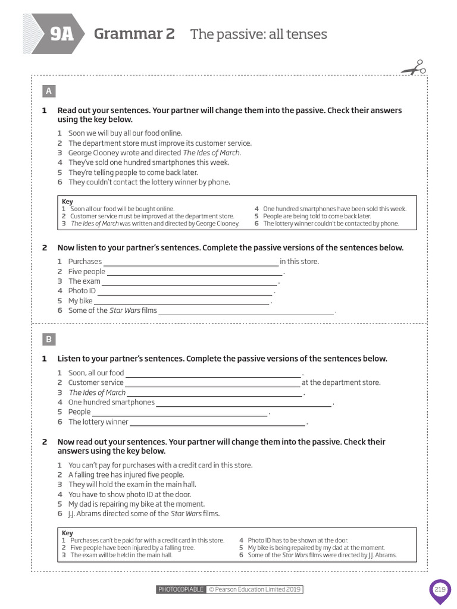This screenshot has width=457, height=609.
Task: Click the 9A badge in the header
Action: point(61,34)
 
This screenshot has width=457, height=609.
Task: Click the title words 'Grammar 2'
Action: point(134,34)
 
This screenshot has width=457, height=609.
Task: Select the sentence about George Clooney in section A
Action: point(155,153)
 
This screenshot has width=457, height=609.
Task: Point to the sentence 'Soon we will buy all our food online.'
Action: point(125,133)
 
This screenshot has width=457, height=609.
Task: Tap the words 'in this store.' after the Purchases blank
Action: point(299,262)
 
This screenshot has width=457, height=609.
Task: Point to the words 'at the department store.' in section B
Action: point(341,383)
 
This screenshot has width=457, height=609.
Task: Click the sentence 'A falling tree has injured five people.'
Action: point(126,475)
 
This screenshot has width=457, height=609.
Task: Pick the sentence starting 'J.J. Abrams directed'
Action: point(144,514)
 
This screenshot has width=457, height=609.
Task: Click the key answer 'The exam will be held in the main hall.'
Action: point(121,555)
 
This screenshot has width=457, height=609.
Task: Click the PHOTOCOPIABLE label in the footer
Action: point(181,589)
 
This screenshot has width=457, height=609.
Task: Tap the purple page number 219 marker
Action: point(440,590)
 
